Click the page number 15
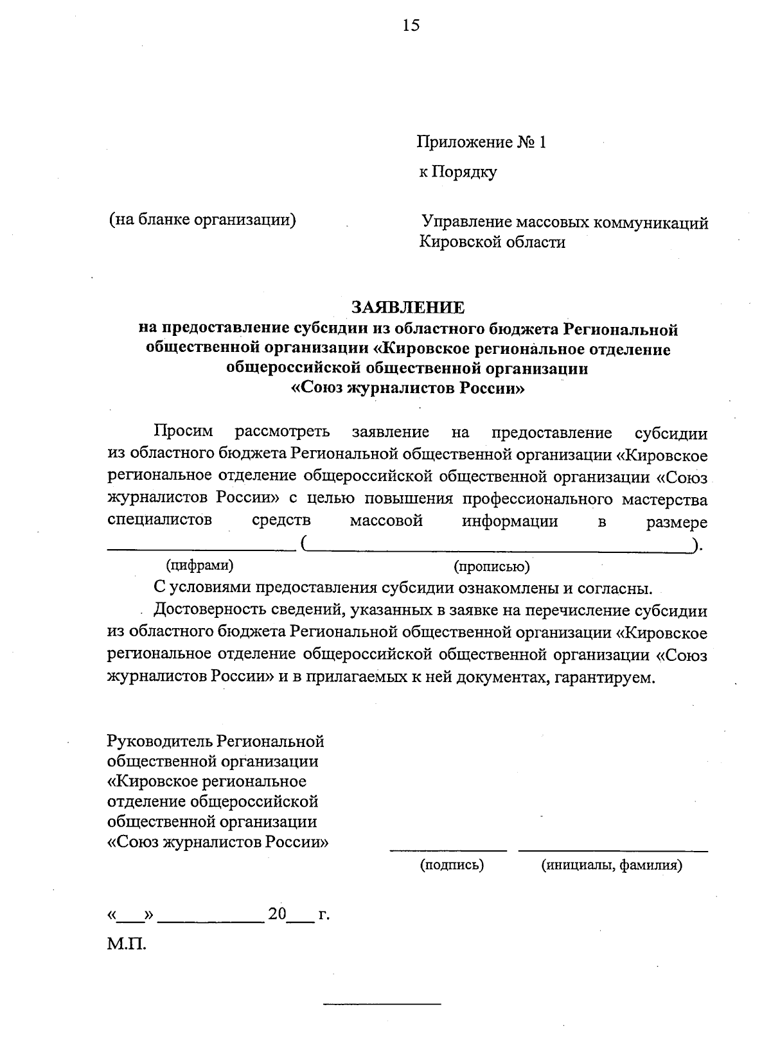[411, 25]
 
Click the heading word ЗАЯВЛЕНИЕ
[407, 307]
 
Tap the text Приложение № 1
[481, 142]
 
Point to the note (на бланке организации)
[202, 220]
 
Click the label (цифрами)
[200, 565]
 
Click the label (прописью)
[492, 566]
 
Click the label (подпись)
[452, 865]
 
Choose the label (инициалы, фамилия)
[612, 865]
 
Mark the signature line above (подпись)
[448, 850]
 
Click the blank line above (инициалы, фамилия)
[613, 850]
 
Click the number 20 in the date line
[277, 914]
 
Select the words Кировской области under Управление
[493, 243]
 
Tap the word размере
[677, 522]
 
